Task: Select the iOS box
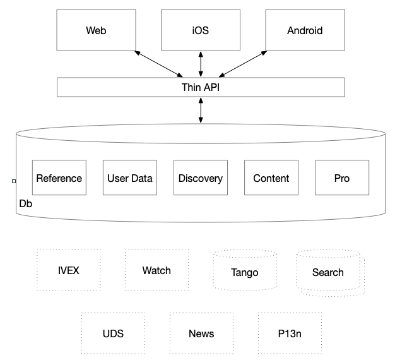[x=201, y=30]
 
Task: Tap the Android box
[x=304, y=30]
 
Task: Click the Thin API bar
[x=201, y=87]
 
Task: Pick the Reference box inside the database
[x=59, y=178]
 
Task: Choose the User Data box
[x=129, y=178]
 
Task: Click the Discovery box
[x=200, y=178]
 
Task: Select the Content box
[x=271, y=178]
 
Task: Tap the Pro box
[x=341, y=178]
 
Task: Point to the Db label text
[x=26, y=204]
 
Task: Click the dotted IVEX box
[x=68, y=270]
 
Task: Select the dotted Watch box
[x=156, y=270]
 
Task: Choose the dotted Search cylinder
[x=329, y=272]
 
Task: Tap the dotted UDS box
[x=113, y=333]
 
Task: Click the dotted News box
[x=201, y=333]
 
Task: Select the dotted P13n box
[x=290, y=333]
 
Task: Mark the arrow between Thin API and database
[x=201, y=110]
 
